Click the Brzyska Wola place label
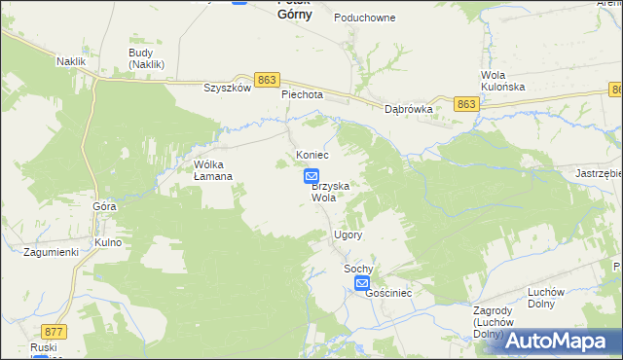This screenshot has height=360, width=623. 323,191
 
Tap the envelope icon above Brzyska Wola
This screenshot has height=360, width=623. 311,176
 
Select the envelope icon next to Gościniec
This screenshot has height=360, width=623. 362,284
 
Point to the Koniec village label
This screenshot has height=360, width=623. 312,156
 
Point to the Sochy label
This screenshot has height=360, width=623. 358,268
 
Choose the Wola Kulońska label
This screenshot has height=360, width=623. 503,81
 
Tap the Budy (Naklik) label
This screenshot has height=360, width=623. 146,58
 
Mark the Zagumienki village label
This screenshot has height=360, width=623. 51,252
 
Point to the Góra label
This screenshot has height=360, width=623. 104,206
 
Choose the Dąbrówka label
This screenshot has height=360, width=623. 408,110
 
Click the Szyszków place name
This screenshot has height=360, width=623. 228,87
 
